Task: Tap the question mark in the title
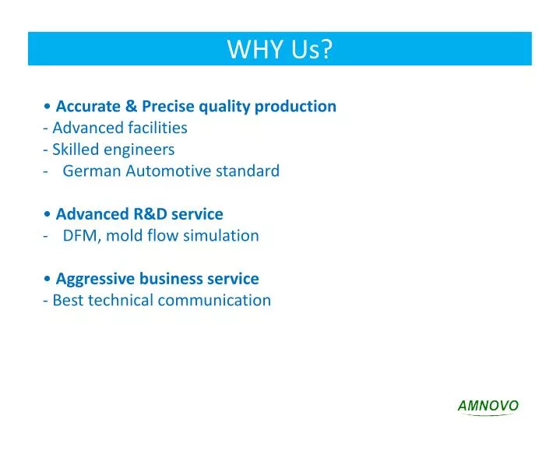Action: point(326,50)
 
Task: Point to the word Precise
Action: point(167,106)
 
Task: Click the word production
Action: point(301,106)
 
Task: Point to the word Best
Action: point(68,300)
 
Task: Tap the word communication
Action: point(214,300)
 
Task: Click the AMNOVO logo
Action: point(488,406)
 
